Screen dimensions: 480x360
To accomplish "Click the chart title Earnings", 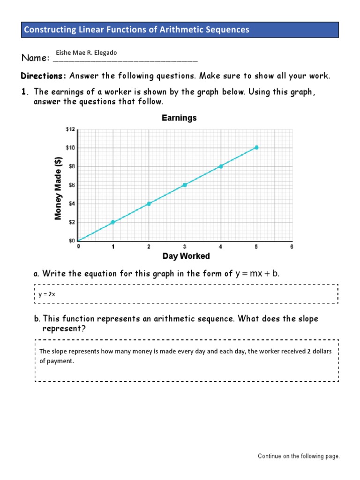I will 179,118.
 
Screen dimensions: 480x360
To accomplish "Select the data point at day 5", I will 256,148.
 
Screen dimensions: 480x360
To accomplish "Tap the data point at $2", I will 113,222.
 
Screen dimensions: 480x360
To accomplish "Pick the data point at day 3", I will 185,185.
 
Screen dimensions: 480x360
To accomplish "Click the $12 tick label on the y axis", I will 70,129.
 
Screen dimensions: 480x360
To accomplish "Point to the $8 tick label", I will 70,166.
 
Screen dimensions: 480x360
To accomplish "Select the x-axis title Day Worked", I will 186,256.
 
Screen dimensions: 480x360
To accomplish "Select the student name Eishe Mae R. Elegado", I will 86,53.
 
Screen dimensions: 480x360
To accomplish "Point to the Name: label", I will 36,59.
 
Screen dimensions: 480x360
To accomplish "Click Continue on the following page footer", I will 299,456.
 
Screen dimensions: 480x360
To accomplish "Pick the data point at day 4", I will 221,166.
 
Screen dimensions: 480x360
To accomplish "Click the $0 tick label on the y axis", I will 70,241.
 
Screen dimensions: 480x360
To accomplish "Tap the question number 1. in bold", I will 26,92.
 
